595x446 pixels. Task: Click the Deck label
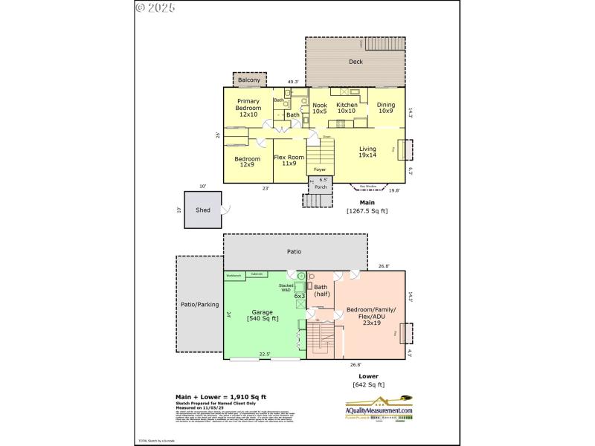click(x=356, y=62)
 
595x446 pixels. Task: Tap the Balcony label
click(x=248, y=80)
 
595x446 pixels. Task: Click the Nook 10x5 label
click(x=319, y=109)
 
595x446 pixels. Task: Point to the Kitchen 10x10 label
click(x=347, y=109)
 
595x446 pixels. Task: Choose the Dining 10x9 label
click(x=385, y=109)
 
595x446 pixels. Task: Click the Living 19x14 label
click(x=367, y=152)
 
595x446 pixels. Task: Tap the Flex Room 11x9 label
click(x=289, y=160)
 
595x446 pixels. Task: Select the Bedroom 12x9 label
click(x=247, y=161)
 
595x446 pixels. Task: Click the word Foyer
click(x=319, y=170)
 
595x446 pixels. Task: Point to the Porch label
click(x=320, y=187)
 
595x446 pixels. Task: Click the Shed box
click(x=203, y=210)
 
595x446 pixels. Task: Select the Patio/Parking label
click(x=199, y=303)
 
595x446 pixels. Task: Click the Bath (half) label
click(x=321, y=290)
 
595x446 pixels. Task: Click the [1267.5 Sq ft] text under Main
click(x=367, y=210)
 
